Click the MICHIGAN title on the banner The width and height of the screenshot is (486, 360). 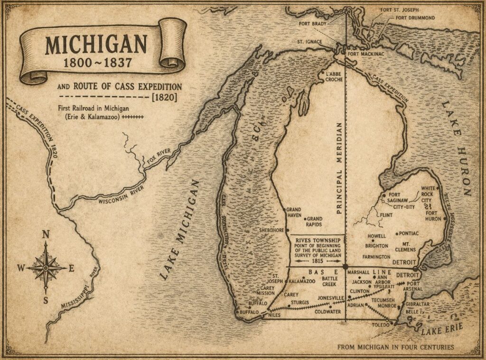tap(96, 45)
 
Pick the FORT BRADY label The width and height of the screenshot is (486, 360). tap(313, 23)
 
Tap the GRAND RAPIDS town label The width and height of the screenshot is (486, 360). tap(314, 222)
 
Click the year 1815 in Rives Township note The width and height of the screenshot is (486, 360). tap(316, 261)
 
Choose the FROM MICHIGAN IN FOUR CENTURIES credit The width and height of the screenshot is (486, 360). tap(395, 347)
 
